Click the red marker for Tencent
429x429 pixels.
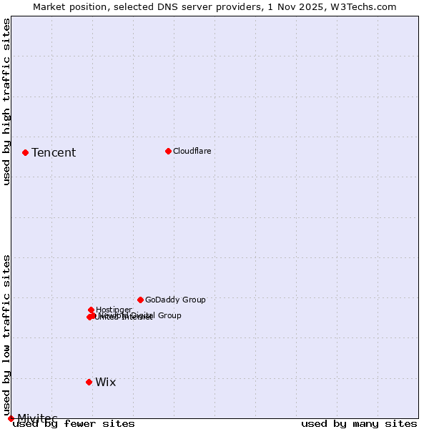(25, 152)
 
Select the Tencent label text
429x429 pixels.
(54, 152)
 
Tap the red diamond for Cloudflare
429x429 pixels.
(168, 151)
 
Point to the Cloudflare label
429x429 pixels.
(192, 151)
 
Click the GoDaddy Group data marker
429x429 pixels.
(140, 300)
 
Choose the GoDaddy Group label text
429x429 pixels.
(175, 300)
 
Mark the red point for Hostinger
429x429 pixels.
(91, 310)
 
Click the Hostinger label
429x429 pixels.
(114, 310)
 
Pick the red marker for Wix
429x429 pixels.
(89, 382)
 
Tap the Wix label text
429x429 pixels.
(105, 382)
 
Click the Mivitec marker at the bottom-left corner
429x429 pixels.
(11, 418)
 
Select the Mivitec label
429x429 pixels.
(37, 418)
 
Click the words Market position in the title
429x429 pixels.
(69, 6)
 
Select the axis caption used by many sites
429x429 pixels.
(359, 423)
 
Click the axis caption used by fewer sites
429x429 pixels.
(74, 423)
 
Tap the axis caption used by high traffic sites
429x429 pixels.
(6, 101)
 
